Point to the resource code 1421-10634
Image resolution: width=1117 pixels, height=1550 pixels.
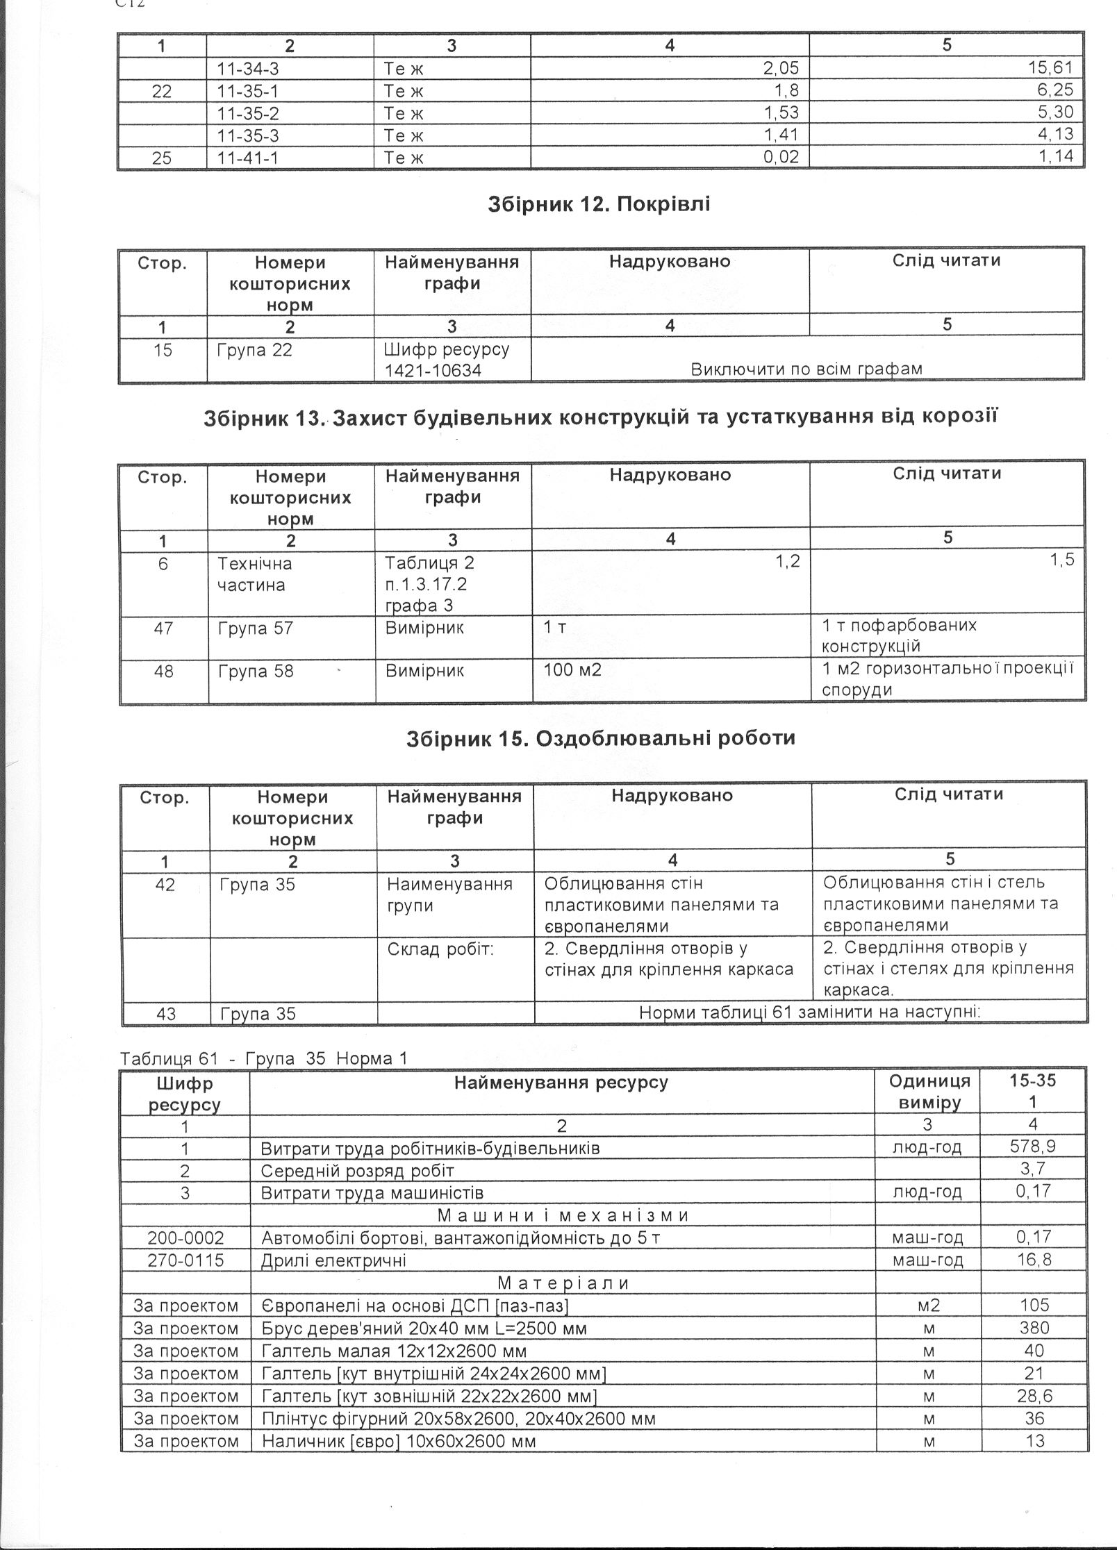[x=433, y=371]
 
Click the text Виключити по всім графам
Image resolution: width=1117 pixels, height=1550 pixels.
[x=806, y=369]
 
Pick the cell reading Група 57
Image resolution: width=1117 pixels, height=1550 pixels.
[x=256, y=628]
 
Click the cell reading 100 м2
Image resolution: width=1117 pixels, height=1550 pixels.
[x=572, y=671]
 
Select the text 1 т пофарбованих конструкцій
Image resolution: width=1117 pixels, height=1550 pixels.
[x=899, y=635]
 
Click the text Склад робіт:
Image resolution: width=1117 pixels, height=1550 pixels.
[x=440, y=949]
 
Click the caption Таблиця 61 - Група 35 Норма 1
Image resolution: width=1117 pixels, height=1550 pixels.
[x=263, y=1058]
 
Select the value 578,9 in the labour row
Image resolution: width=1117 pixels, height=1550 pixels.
[x=1033, y=1147]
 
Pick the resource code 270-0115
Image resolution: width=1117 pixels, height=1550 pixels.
[x=185, y=1260]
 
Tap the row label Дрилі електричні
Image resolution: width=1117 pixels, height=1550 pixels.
[x=333, y=1260]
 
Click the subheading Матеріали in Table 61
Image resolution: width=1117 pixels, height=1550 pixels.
[x=563, y=1283]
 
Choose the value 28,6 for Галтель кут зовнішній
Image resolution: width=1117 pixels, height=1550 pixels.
[x=1034, y=1396]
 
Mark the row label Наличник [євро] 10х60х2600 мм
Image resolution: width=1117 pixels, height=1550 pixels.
[x=399, y=1441]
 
